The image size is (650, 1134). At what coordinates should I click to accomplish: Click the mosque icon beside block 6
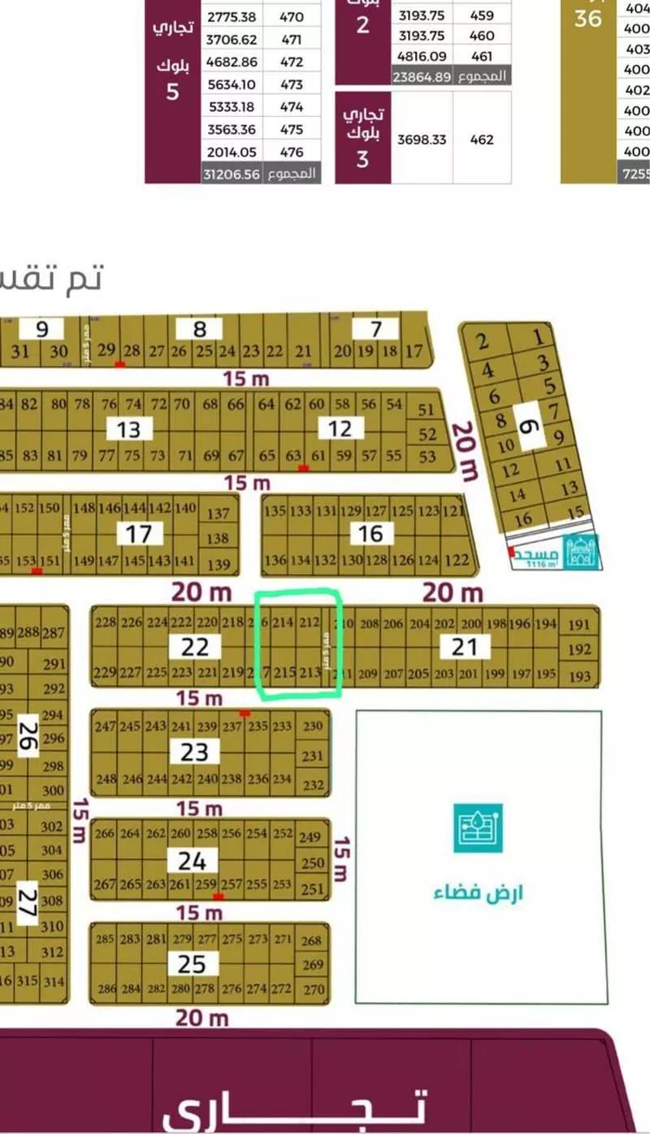[x=582, y=552]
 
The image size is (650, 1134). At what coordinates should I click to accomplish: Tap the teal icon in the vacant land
[x=478, y=828]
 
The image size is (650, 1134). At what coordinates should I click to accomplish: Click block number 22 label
[x=195, y=647]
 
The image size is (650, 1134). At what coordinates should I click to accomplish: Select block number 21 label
[x=465, y=646]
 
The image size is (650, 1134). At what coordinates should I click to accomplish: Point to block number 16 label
[x=371, y=533]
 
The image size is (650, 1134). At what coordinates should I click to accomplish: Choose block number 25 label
[x=192, y=963]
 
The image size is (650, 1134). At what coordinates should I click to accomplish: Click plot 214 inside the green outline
[x=283, y=622]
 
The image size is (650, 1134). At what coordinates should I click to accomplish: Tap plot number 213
[x=309, y=673]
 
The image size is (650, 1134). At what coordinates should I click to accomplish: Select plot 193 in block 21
[x=580, y=675]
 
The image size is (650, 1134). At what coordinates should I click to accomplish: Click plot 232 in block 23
[x=313, y=785]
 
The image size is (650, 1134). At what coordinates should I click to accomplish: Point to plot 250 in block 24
[x=313, y=864]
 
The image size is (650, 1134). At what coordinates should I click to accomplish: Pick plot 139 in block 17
[x=219, y=565]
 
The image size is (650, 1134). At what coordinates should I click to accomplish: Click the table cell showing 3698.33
[x=422, y=139]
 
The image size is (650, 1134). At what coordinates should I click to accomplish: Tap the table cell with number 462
[x=482, y=139]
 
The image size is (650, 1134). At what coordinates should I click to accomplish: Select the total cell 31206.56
[x=231, y=173]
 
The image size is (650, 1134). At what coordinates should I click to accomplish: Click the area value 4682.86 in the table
[x=231, y=62]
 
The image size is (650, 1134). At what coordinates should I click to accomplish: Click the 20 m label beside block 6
[x=466, y=451]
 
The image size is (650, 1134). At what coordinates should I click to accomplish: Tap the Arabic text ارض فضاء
[x=478, y=893]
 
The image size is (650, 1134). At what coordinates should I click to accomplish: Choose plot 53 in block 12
[x=426, y=456]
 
